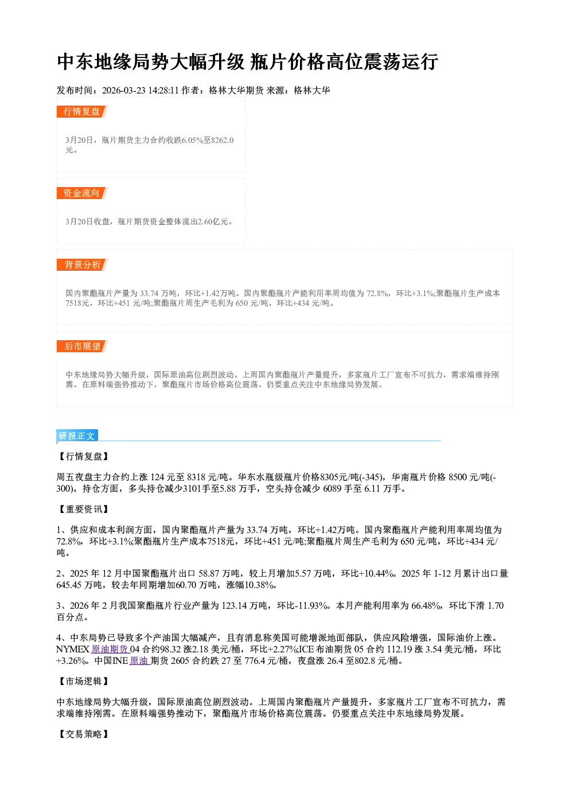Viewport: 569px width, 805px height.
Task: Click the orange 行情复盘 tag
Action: coord(82,111)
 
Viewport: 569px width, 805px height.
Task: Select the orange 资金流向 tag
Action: coord(82,193)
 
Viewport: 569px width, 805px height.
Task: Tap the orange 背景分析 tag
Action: coord(82,265)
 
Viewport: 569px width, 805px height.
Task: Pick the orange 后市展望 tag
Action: coord(82,347)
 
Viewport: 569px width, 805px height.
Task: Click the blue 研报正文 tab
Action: coord(77,435)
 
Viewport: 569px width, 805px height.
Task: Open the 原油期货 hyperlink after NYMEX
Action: coord(110,649)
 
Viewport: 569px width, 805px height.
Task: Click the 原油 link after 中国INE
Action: coord(139,660)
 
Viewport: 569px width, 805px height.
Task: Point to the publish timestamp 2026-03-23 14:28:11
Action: coord(141,90)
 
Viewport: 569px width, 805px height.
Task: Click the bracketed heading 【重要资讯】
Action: coord(83,509)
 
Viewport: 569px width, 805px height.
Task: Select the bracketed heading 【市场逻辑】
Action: coord(83,681)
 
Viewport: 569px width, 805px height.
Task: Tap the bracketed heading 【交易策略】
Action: coord(83,734)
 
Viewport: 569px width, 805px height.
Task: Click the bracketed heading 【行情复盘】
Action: coord(83,456)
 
